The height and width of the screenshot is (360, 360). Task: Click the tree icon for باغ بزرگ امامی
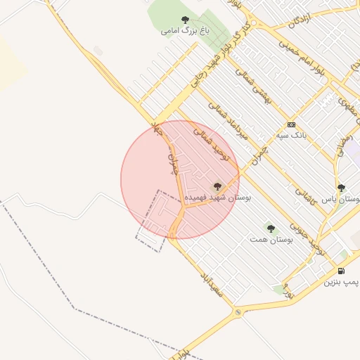point(185,20)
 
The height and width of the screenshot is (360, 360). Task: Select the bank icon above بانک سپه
point(292,124)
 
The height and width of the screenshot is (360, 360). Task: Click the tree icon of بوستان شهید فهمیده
point(217,186)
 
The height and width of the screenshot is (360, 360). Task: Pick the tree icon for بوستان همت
point(271,228)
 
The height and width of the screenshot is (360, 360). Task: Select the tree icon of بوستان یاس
point(341,188)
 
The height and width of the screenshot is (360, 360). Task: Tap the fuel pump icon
point(341,271)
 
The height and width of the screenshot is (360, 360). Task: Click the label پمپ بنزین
point(341,282)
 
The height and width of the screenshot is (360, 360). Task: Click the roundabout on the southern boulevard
point(239,312)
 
